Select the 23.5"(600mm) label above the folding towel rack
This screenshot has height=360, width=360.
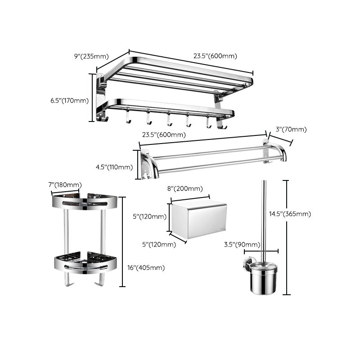[215, 56]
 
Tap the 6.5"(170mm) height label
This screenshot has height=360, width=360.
[69, 100]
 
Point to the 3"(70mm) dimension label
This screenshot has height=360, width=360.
[291, 130]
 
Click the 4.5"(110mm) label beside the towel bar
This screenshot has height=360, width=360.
[114, 167]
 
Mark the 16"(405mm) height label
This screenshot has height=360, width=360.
[146, 267]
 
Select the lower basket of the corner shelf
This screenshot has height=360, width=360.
[85, 262]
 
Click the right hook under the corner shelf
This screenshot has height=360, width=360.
[101, 280]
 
